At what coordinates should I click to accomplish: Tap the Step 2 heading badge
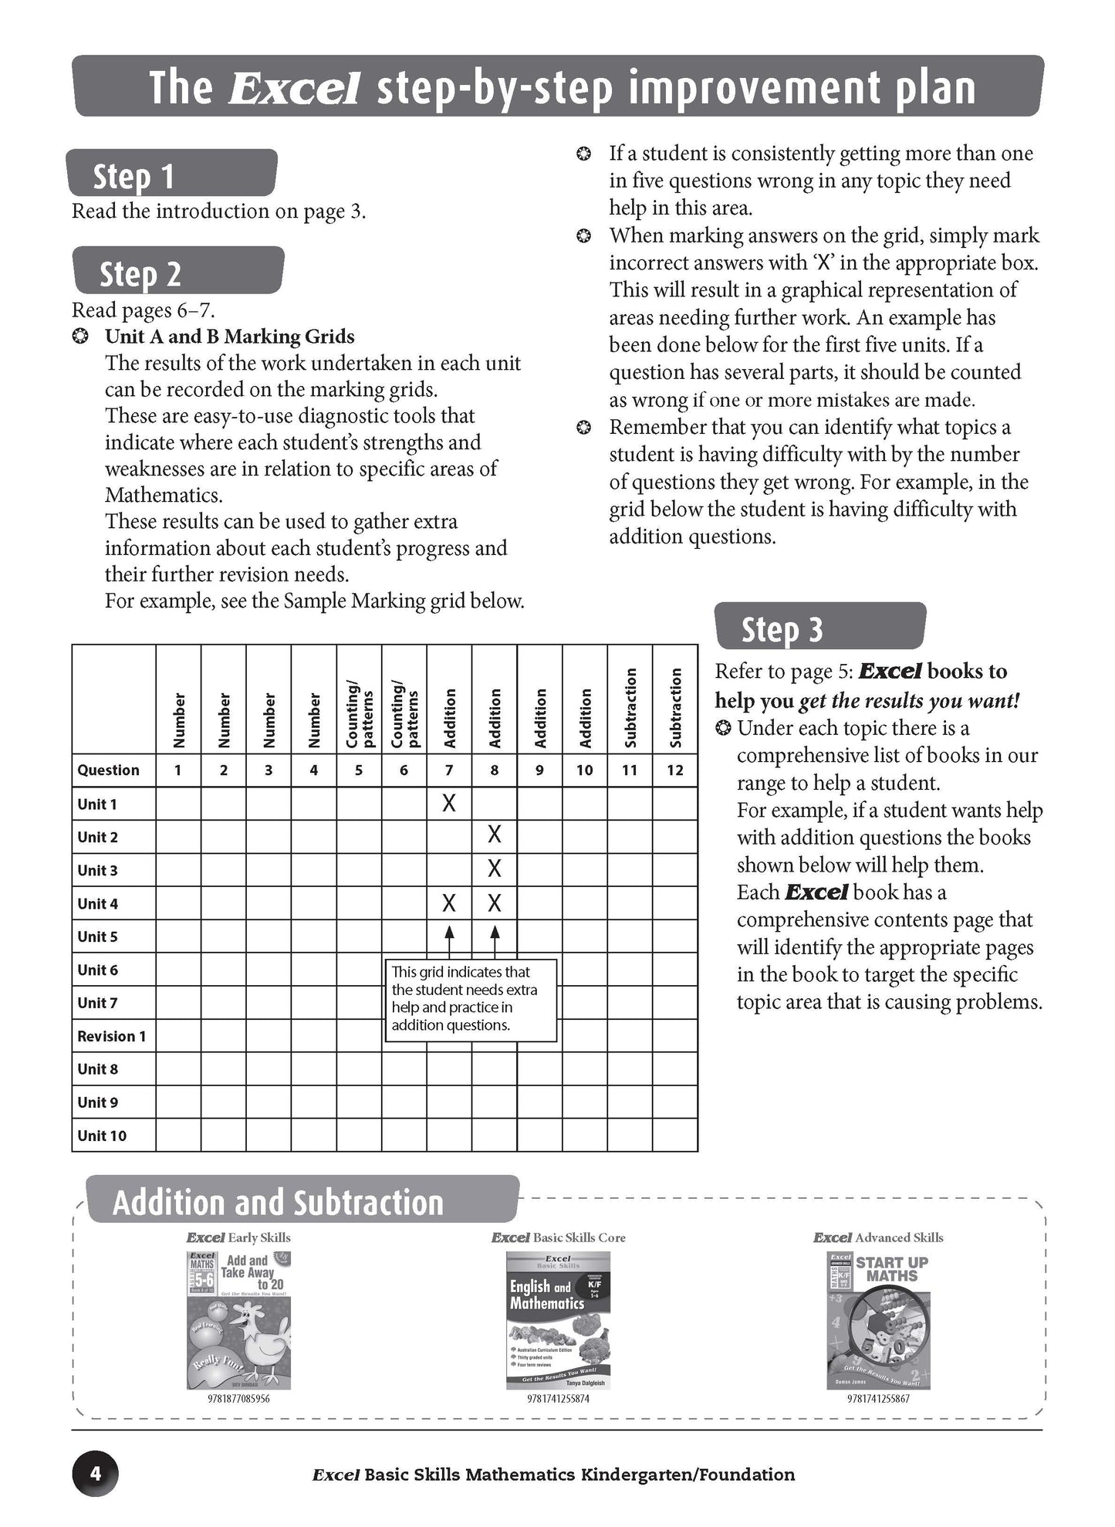(177, 271)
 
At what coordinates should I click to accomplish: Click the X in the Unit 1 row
(448, 804)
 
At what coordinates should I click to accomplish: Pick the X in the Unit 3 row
(495, 868)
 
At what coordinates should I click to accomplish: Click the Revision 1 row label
(112, 1036)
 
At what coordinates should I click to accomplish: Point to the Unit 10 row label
(102, 1136)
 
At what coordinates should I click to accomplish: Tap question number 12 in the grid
(675, 770)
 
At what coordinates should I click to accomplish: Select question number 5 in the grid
(359, 770)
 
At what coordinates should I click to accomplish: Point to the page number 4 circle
(96, 1473)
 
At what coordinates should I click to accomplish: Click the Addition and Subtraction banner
(301, 1202)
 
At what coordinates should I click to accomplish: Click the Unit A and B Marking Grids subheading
(229, 337)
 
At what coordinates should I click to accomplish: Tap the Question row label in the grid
(109, 770)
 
